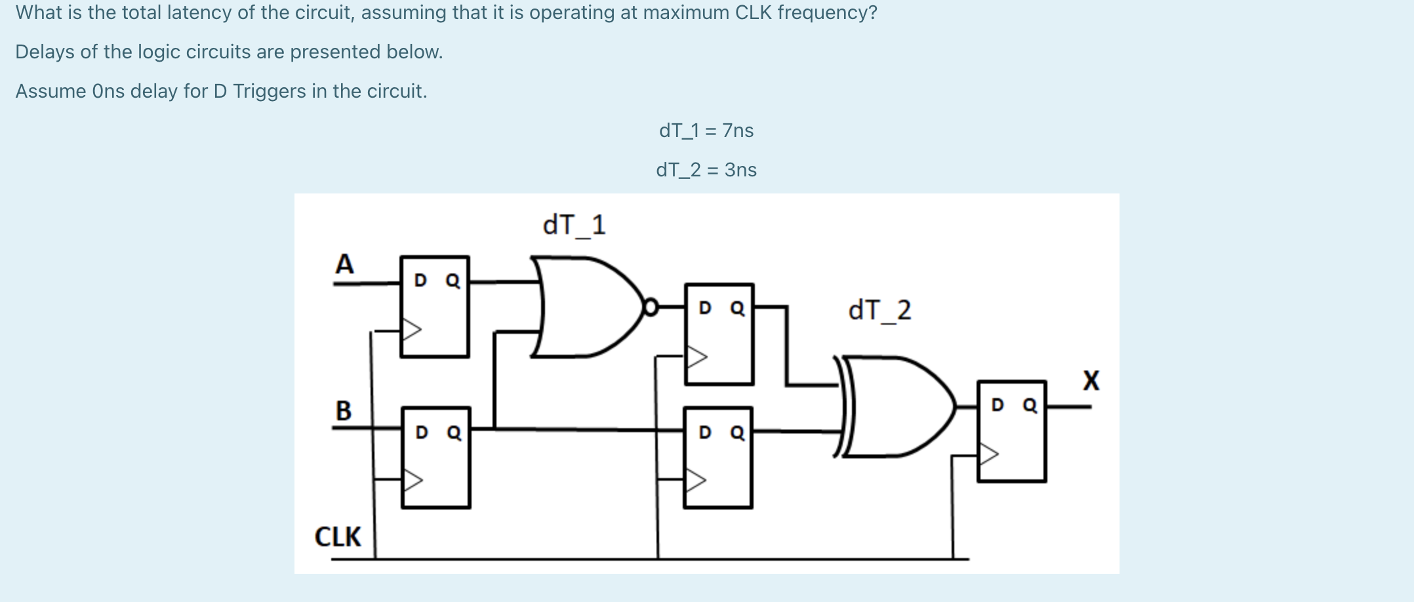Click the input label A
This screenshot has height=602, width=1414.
tap(344, 264)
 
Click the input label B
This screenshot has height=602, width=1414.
tap(344, 411)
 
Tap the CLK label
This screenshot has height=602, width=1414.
tap(338, 536)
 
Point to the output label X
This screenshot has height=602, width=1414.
tap(1091, 380)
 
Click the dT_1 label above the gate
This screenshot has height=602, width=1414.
tap(574, 225)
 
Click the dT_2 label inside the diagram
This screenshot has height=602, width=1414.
tap(879, 310)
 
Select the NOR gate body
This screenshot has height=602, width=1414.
tap(584, 307)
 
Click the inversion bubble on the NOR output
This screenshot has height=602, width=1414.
tap(651, 307)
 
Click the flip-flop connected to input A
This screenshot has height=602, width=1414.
tap(435, 307)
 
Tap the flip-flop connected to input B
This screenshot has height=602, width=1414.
tap(436, 458)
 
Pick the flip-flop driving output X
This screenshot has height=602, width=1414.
tap(1011, 431)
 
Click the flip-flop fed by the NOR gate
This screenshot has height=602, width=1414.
tap(719, 334)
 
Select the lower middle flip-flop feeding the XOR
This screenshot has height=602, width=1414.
tap(718, 458)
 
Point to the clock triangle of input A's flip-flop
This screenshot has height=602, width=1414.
tap(411, 329)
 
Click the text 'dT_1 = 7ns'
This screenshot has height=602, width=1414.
tap(706, 130)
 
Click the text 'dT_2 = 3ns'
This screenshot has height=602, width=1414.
tap(706, 170)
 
